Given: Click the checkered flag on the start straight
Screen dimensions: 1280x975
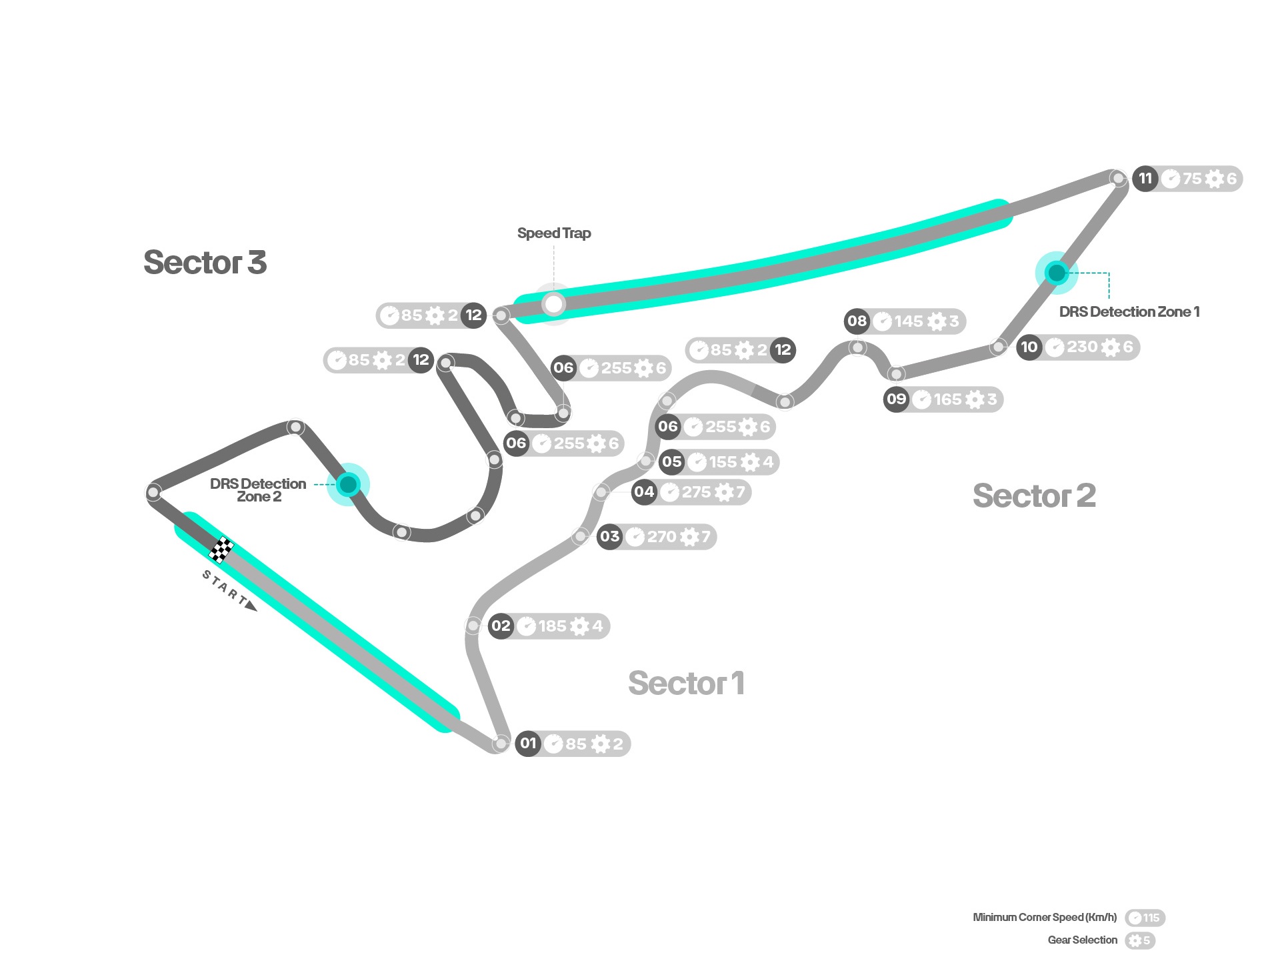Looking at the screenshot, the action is (x=221, y=550).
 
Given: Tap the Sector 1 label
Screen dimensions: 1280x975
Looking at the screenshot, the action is (x=686, y=683).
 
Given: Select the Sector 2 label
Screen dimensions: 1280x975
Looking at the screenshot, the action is (x=1034, y=496).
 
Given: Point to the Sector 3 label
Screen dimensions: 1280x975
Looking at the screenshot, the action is (x=205, y=262).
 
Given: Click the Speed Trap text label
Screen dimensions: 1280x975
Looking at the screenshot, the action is (x=554, y=233).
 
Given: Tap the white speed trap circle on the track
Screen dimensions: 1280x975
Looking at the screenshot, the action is (x=553, y=305).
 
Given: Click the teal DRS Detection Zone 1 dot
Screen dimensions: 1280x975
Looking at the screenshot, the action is (x=1057, y=273).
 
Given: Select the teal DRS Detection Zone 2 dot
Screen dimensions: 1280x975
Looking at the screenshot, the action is (x=348, y=484).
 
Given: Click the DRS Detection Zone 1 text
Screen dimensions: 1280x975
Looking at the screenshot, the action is (x=1129, y=311).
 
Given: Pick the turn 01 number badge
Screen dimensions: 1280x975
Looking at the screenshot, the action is (x=528, y=743).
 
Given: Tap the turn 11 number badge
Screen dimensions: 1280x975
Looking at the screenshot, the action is (x=1145, y=178).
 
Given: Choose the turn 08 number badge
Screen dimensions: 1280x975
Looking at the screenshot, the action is (x=857, y=321).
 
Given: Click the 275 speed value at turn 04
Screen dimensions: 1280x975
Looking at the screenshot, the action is (x=696, y=492).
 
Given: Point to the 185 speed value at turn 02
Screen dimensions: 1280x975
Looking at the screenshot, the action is (x=552, y=626).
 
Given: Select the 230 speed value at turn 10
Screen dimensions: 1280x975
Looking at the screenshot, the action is (x=1082, y=347).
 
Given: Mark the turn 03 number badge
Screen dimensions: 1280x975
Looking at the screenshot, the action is (x=609, y=536).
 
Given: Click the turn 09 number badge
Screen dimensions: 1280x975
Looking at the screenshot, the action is (x=896, y=399).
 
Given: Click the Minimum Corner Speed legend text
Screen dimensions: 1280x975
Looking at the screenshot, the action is (x=1045, y=917).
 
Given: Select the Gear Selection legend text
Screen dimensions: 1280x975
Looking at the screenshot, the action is (x=1083, y=940).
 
